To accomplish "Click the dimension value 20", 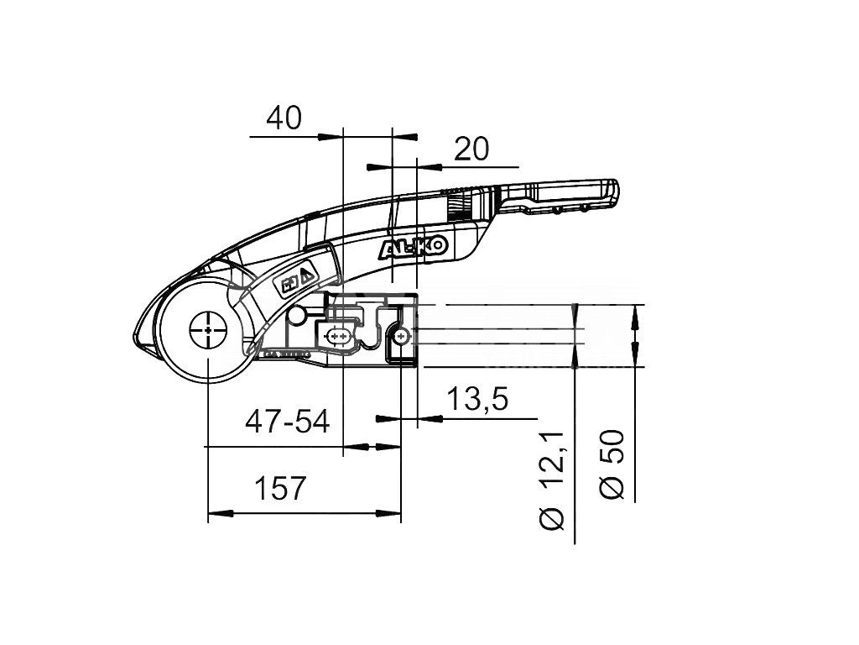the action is (x=471, y=149).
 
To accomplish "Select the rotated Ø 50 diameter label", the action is (x=612, y=464).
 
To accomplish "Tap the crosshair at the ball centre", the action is (x=206, y=330).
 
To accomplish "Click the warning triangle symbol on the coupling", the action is (x=306, y=273).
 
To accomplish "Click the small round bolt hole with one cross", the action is (x=403, y=337).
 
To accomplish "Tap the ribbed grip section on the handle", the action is (x=458, y=203).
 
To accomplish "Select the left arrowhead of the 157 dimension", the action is (x=217, y=511).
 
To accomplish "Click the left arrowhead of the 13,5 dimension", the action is (x=384, y=418).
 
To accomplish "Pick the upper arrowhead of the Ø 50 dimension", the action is (x=635, y=313).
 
